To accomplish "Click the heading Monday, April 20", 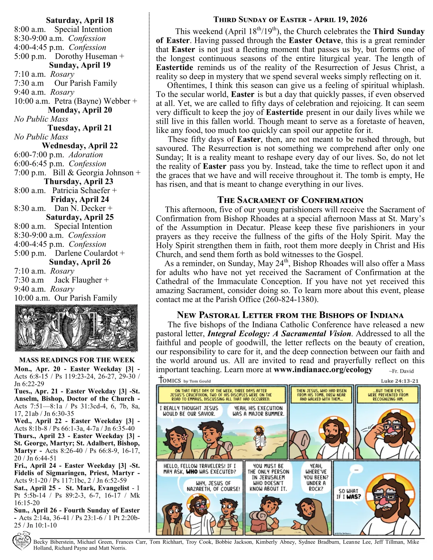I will pyautogui.click(x=80, y=110).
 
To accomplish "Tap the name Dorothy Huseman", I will pyautogui.click(x=86, y=56).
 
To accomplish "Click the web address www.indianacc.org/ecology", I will pyautogui.click(x=323, y=370).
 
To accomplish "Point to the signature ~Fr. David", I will pyautogui.click(x=401, y=371).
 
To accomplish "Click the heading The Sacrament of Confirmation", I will pyautogui.click(x=290, y=200).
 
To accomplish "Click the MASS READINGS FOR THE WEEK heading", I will pyautogui.click(x=77, y=360).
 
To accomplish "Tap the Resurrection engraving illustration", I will pyautogui.click(x=76, y=328).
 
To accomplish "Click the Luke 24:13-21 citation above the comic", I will pyautogui.click(x=399, y=381).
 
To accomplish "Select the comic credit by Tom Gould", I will pyautogui.click(x=197, y=381).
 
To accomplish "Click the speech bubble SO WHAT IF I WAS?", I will pyautogui.click(x=349, y=494).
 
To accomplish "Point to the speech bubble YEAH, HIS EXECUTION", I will pyautogui.click(x=258, y=411).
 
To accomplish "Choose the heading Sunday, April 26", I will pyautogui.click(x=80, y=262).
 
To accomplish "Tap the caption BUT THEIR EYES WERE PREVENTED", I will pyautogui.click(x=388, y=395).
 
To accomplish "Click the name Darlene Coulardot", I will pyautogui.click(x=86, y=253).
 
